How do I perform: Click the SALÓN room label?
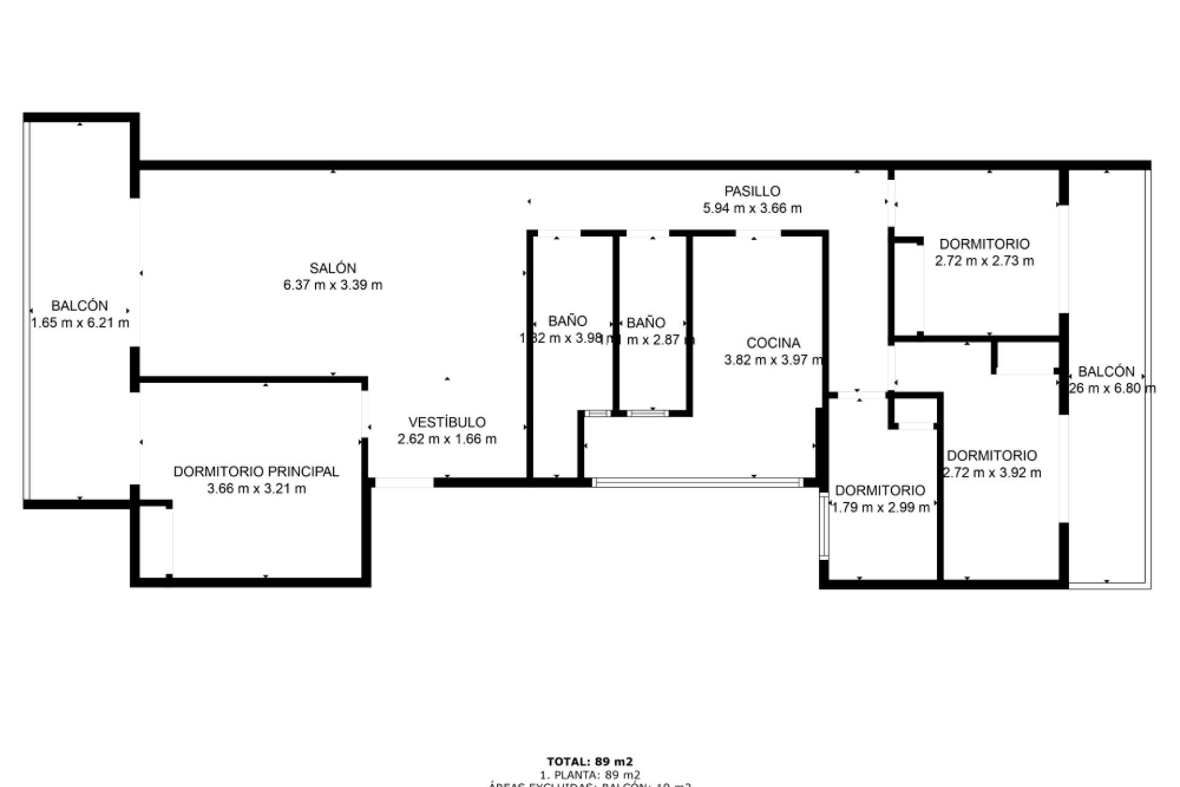pyautogui.click(x=332, y=268)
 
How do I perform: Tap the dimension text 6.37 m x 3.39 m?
pyautogui.click(x=332, y=285)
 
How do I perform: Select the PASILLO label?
pyautogui.click(x=752, y=191)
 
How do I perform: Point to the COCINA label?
pyautogui.click(x=773, y=343)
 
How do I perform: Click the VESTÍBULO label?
pyautogui.click(x=447, y=422)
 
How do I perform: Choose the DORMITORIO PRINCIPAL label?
pyautogui.click(x=256, y=472)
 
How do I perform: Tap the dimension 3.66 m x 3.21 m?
pyautogui.click(x=256, y=489)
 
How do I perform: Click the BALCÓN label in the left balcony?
pyautogui.click(x=79, y=306)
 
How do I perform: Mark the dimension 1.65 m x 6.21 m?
pyautogui.click(x=80, y=323)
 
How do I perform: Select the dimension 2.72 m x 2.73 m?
pyautogui.click(x=984, y=261)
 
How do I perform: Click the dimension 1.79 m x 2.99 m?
pyautogui.click(x=880, y=507)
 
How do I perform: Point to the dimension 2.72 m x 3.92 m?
pyautogui.click(x=992, y=473)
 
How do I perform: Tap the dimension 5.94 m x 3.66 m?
pyautogui.click(x=752, y=208)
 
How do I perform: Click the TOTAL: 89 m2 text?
pyautogui.click(x=589, y=761)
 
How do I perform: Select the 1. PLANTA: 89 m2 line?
pyautogui.click(x=589, y=775)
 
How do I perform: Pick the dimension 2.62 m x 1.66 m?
pyautogui.click(x=447, y=440)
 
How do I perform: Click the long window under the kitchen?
pyautogui.click(x=697, y=483)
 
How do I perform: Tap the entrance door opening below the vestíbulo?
pyautogui.click(x=404, y=483)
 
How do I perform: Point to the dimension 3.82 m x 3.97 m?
pyautogui.click(x=773, y=360)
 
